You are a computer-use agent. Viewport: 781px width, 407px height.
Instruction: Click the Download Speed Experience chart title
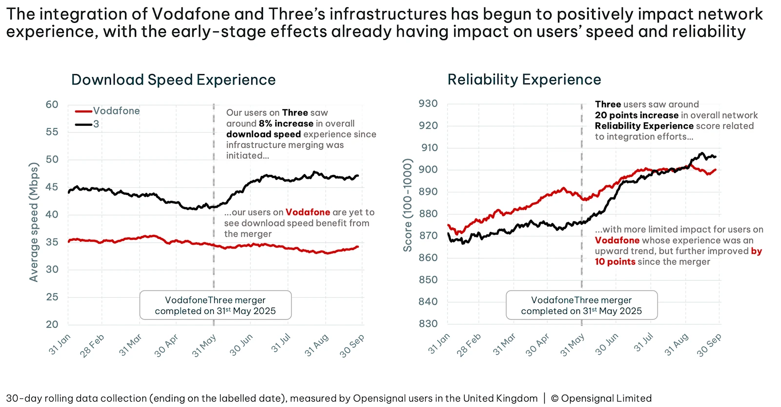pos(173,80)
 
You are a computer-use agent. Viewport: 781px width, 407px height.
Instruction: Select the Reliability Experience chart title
pos(524,79)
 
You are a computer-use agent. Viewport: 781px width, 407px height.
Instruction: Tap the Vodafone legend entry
pos(116,111)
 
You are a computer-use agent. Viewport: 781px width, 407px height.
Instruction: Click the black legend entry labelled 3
pos(96,124)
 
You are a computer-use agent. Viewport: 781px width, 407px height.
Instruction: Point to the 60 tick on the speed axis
pos(52,105)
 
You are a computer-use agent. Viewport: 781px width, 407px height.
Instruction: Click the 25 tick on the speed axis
pos(52,297)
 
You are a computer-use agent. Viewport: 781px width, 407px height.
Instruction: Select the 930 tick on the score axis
pos(428,104)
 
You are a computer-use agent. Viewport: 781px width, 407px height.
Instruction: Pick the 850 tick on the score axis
pos(428,280)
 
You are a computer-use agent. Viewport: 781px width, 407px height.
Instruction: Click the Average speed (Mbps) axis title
pos(34,222)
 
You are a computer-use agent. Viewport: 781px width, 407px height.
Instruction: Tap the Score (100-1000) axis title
pos(407,205)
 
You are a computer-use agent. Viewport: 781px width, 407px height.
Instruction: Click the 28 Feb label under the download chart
pos(92,345)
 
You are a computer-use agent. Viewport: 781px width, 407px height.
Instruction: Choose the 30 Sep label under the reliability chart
pos(709,345)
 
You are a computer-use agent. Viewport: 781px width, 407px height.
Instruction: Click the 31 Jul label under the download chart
pos(281,343)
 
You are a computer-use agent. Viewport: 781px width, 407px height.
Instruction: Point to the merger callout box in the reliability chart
pos(581,306)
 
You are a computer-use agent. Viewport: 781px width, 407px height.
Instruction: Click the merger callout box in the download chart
pos(215,306)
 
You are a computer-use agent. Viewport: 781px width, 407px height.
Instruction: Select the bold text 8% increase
pos(286,124)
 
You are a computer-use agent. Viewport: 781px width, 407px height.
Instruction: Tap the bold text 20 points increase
pos(637,116)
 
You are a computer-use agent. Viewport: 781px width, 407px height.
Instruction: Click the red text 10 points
pos(615,262)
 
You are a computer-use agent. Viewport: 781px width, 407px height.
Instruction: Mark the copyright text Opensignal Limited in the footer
pos(606,399)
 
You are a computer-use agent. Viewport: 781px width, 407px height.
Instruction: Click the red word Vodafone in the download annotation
pos(308,213)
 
